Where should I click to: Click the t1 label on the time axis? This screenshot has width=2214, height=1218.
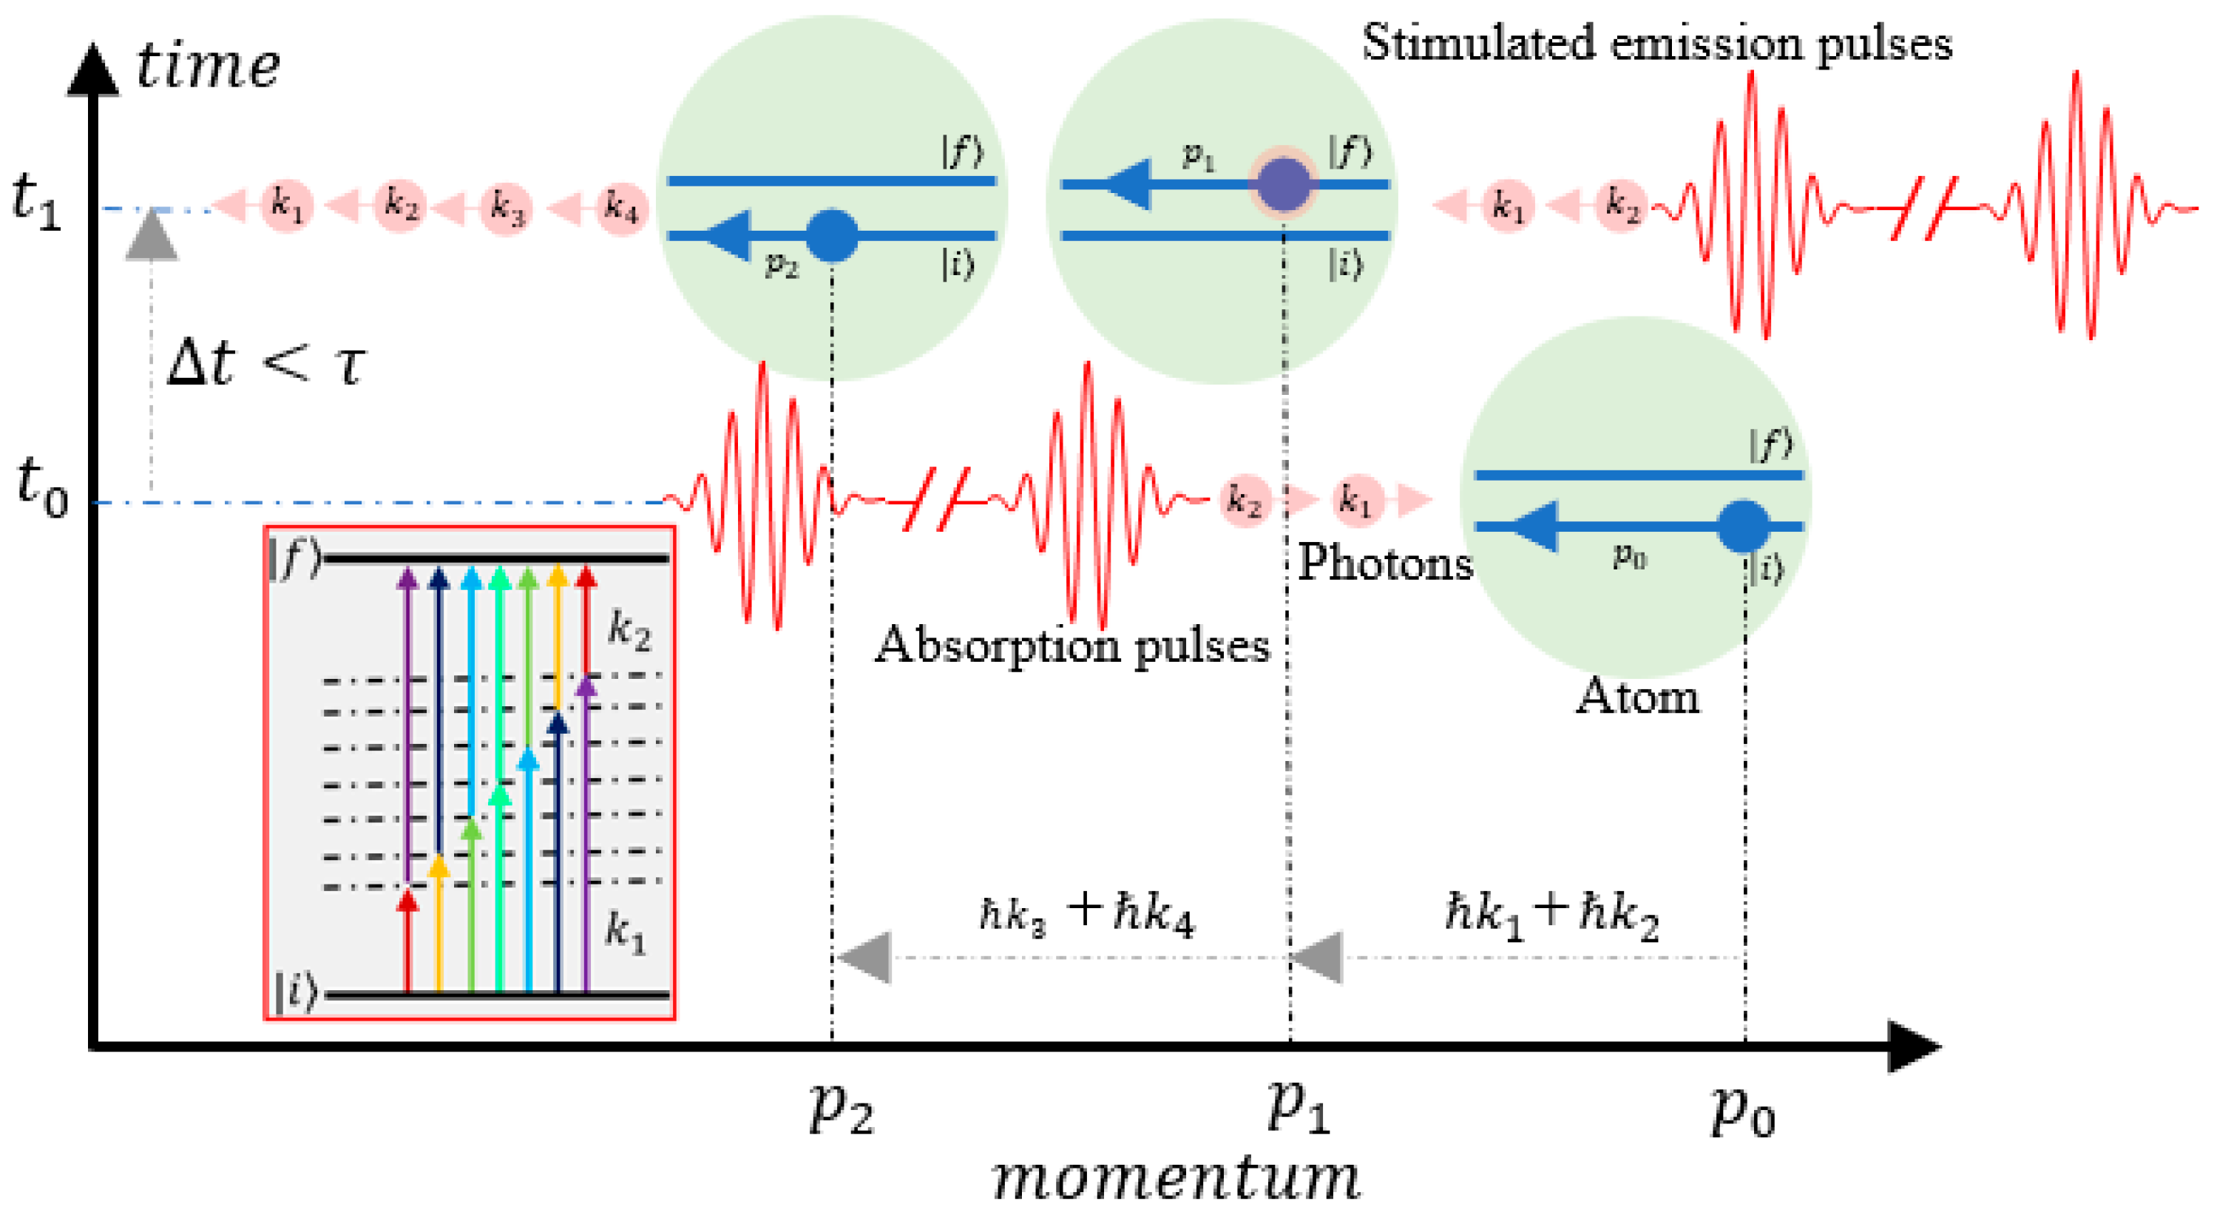[36, 203]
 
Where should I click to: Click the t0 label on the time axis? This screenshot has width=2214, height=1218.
[41, 488]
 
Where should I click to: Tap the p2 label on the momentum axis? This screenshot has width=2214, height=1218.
[841, 1109]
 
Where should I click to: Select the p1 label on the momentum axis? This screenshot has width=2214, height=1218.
[1298, 1107]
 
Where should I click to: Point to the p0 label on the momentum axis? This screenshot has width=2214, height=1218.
[1742, 1112]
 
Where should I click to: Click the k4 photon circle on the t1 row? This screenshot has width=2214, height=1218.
[621, 207]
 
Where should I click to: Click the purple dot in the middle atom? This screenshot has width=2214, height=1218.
[1283, 184]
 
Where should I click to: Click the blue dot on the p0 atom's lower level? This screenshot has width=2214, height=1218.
[1742, 526]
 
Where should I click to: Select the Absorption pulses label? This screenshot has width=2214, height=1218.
[1072, 646]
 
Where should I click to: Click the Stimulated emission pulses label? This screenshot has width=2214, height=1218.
[1656, 43]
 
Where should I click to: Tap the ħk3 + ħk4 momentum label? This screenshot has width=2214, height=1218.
[1086, 913]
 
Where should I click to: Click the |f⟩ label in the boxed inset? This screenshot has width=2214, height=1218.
[294, 560]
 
